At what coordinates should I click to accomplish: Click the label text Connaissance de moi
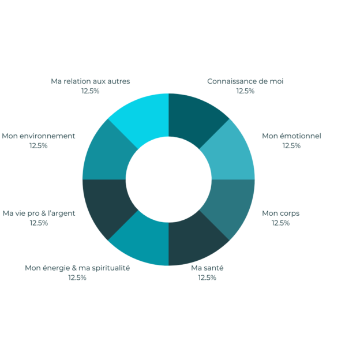pyautogui.click(x=245, y=81)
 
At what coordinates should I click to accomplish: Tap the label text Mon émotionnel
pyautogui.click(x=291, y=136)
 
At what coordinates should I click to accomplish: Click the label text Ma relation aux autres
pyautogui.click(x=91, y=81)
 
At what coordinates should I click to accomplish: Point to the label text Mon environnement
pyautogui.click(x=38, y=136)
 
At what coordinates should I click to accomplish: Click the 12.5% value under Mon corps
pyautogui.click(x=280, y=223)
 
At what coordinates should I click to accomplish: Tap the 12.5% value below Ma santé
pyautogui.click(x=207, y=277)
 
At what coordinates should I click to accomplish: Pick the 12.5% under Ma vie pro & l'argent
pyautogui.click(x=39, y=223)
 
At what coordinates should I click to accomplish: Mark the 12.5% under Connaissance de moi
pyautogui.click(x=245, y=91)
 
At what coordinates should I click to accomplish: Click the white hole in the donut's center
pyautogui.click(x=168, y=179)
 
